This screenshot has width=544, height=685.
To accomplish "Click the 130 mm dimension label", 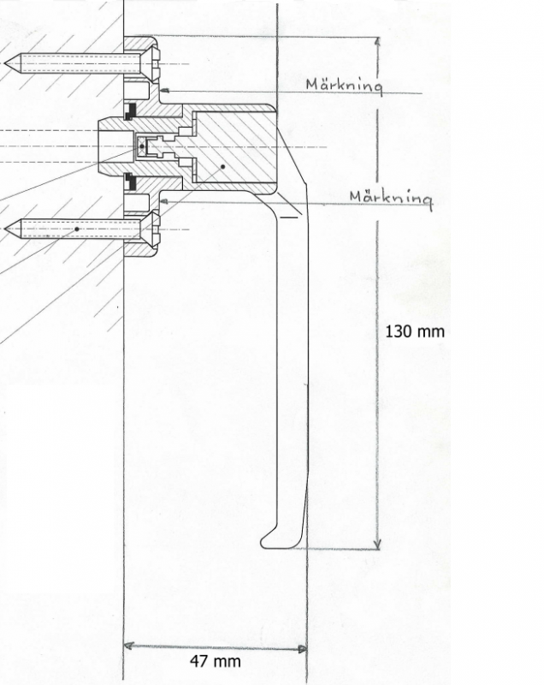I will click(x=415, y=330).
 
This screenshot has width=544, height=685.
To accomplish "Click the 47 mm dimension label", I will click(x=215, y=661).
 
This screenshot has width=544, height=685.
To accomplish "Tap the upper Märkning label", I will click(x=344, y=85).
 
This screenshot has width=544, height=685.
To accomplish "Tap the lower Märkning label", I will click(x=390, y=198).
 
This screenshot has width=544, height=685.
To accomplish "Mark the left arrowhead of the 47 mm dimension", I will click(x=127, y=646).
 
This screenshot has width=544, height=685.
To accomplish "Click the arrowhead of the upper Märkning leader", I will click(x=163, y=88).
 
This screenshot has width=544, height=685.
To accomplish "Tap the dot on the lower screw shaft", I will click(x=77, y=229).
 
